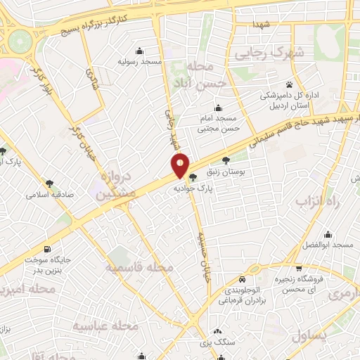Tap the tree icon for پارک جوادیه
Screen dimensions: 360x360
tap(192, 177)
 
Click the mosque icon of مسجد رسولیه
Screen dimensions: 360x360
tap(141, 51)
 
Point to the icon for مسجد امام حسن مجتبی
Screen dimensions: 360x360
tap(218, 108)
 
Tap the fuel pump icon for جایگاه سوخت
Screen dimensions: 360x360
tap(47, 249)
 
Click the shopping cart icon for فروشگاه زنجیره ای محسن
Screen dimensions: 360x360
tap(300, 268)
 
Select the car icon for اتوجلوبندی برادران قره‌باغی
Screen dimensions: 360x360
tap(242, 278)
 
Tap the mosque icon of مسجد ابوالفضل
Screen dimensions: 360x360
tap(328, 235)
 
